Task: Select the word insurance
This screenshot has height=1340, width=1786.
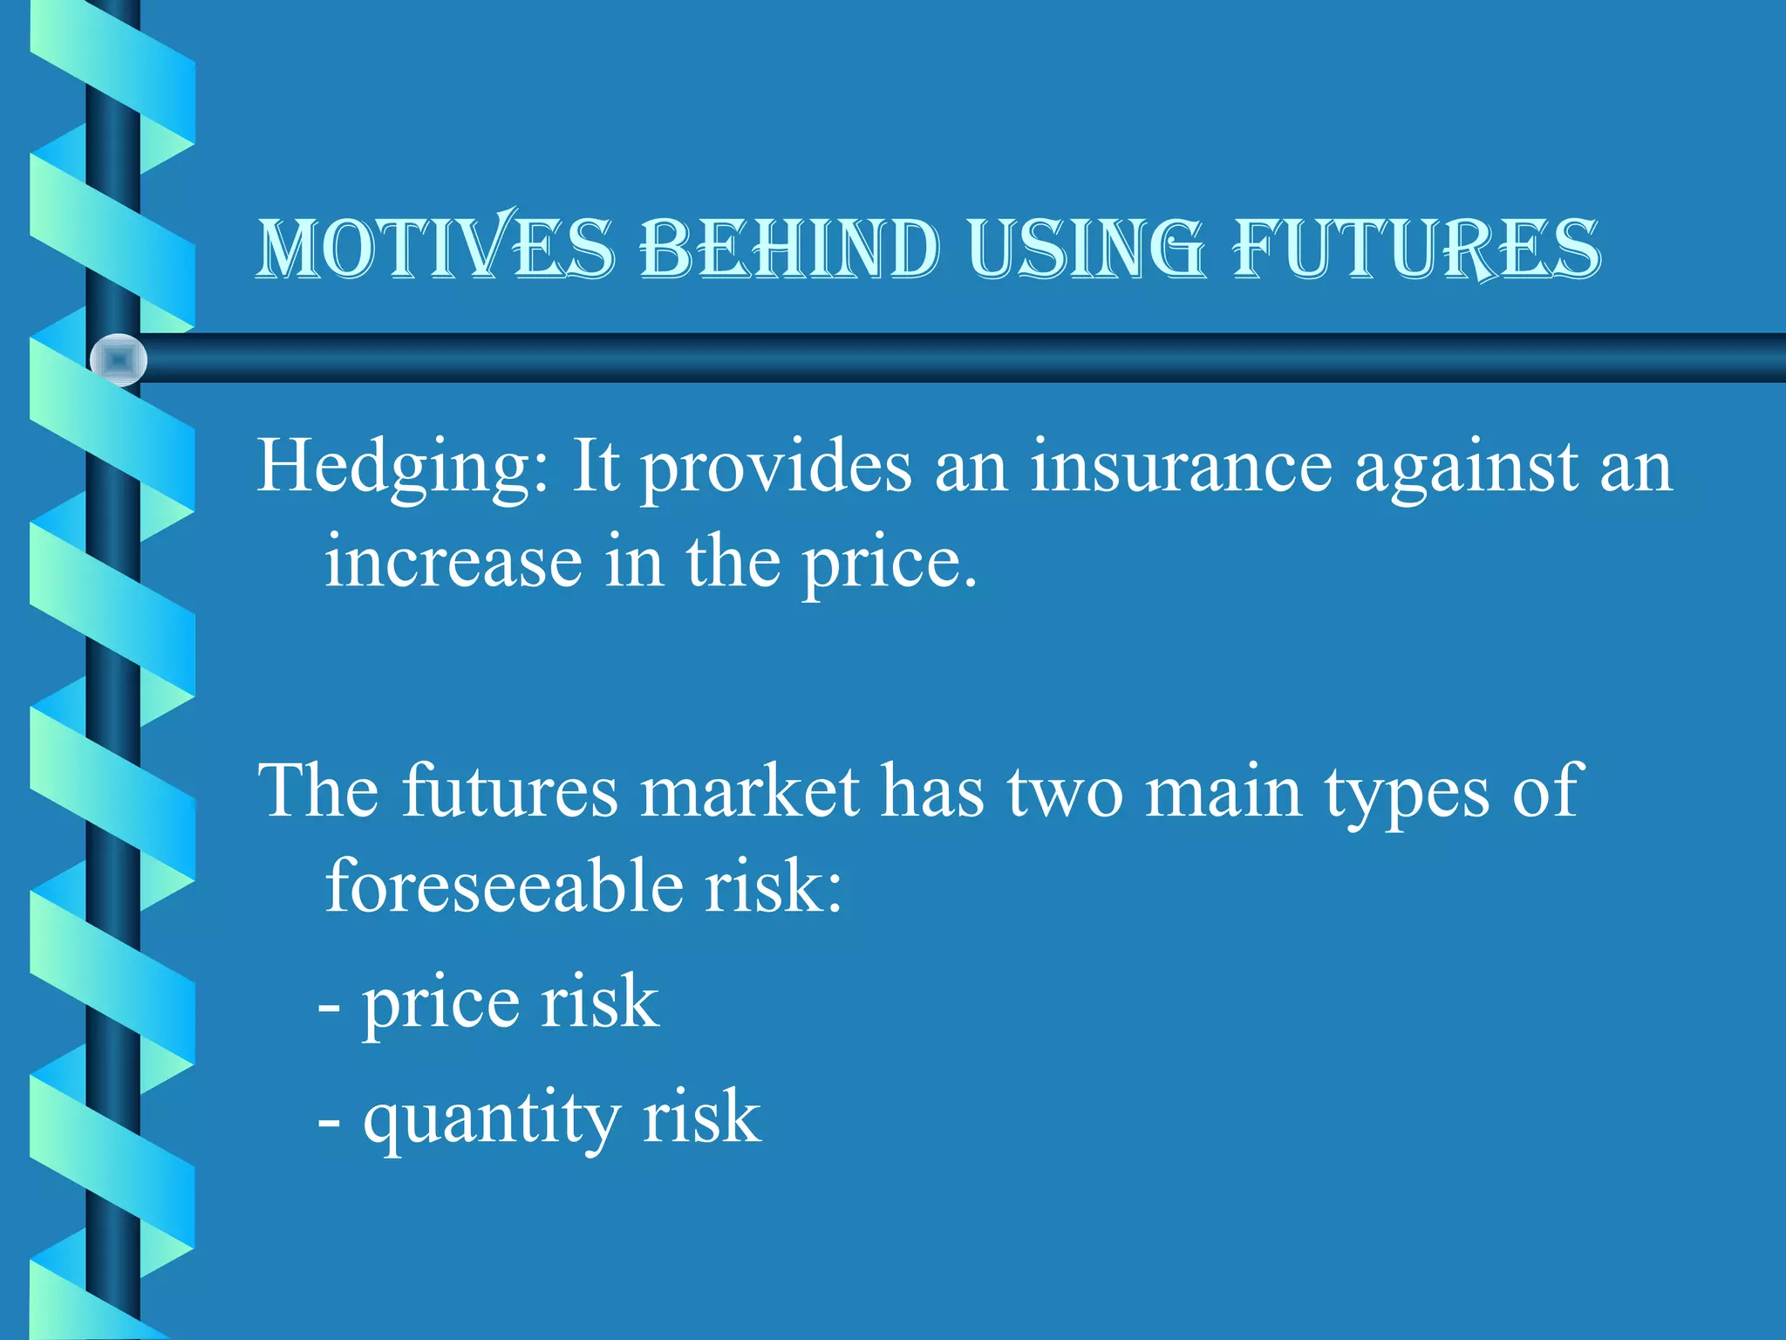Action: (1181, 468)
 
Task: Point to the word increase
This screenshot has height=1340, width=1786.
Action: (453, 562)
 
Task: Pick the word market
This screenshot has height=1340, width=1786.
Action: (749, 792)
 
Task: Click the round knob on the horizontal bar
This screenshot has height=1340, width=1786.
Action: (119, 359)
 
